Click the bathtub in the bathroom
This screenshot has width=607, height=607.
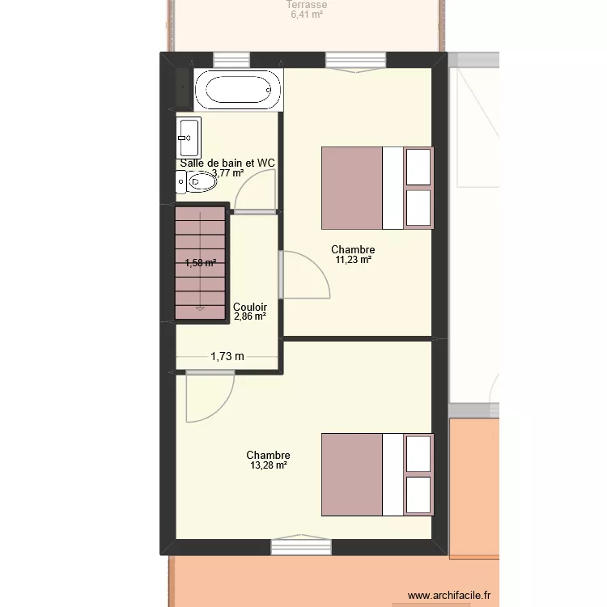click(239, 89)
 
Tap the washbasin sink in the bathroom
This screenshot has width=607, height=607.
click(189, 138)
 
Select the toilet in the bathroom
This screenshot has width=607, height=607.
click(197, 183)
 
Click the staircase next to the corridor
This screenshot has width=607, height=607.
click(200, 263)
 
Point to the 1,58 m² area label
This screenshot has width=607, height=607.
click(200, 262)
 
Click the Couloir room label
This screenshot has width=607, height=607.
click(250, 308)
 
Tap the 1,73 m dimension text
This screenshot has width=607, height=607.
click(227, 355)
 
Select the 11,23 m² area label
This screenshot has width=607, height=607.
click(353, 260)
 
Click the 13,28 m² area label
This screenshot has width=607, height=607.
click(268, 465)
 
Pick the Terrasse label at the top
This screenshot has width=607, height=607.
click(307, 5)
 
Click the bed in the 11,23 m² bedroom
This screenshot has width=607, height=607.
click(377, 188)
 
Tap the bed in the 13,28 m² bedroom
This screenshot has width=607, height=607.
click(377, 474)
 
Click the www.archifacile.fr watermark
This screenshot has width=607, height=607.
click(449, 595)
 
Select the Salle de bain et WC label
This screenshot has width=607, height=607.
click(227, 163)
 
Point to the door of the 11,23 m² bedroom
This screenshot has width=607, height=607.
click(305, 275)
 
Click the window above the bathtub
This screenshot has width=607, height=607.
click(231, 59)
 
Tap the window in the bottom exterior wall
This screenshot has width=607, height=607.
click(301, 548)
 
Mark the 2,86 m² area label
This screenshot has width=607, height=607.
click(249, 317)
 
